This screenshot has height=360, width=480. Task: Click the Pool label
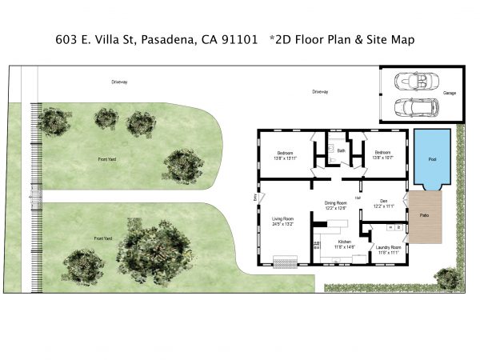pyautogui.click(x=432, y=159)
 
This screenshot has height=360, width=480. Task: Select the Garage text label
pyautogui.click(x=450, y=93)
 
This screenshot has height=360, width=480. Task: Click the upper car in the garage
pyautogui.click(x=415, y=81)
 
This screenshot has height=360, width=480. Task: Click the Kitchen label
pyautogui.click(x=344, y=241)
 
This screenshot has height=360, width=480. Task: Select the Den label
pyautogui.click(x=383, y=201)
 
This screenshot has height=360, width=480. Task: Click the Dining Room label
pyautogui.click(x=335, y=203)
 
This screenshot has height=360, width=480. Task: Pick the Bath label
pyautogui.click(x=341, y=150)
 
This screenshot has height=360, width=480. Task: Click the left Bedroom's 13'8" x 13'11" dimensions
pyautogui.click(x=286, y=158)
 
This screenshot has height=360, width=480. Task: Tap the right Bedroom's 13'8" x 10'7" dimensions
pyautogui.click(x=382, y=158)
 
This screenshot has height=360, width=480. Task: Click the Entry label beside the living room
pyautogui.click(x=255, y=197)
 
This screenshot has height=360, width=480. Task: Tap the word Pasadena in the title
pyautogui.click(x=169, y=38)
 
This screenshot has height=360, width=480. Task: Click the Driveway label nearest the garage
pyautogui.click(x=320, y=92)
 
